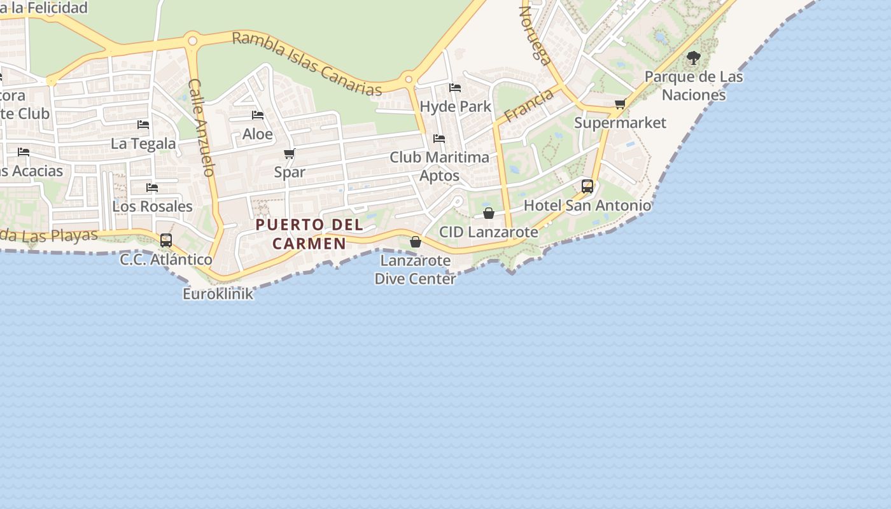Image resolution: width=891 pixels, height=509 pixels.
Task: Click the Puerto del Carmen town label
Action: (309, 234)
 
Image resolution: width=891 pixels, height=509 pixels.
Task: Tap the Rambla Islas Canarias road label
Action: (307, 63)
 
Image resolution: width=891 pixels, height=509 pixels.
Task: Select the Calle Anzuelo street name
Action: (200, 127)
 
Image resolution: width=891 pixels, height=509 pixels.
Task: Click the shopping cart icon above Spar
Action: (290, 153)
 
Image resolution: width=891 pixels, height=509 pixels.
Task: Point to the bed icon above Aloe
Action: (258, 115)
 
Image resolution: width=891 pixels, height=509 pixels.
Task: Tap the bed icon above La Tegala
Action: (143, 124)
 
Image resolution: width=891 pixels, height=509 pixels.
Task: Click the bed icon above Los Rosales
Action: (152, 187)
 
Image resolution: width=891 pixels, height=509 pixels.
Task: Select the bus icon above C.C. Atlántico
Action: (166, 240)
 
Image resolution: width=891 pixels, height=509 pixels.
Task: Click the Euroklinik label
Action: (218, 294)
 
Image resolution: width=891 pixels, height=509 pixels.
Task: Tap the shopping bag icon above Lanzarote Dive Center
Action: (416, 242)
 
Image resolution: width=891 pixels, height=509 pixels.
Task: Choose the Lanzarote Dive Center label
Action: (415, 270)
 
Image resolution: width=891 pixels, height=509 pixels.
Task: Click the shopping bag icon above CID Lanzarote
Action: (489, 213)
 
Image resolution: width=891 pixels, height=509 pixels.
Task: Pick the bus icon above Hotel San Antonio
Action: (587, 186)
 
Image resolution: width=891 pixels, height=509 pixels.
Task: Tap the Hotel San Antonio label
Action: (587, 206)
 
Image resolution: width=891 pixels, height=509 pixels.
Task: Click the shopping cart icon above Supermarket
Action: (620, 104)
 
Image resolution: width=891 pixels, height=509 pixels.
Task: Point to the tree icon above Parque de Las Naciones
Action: (694, 59)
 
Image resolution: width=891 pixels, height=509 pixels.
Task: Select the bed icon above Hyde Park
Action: (455, 88)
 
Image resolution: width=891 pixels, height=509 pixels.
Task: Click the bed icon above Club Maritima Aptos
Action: (439, 138)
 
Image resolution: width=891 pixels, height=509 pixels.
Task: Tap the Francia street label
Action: (528, 106)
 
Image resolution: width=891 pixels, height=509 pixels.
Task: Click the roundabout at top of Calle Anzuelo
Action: (192, 41)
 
